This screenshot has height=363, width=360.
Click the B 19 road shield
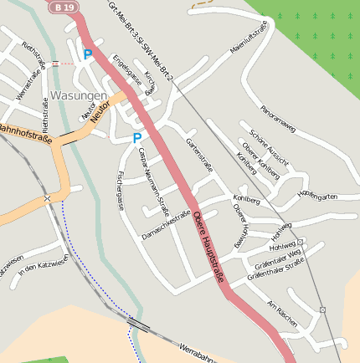(60, 7)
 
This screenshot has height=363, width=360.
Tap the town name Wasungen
(78, 95)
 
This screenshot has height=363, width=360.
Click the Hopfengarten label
(317, 197)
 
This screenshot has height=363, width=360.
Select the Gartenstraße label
(199, 156)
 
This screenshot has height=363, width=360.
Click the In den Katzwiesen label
(36, 267)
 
